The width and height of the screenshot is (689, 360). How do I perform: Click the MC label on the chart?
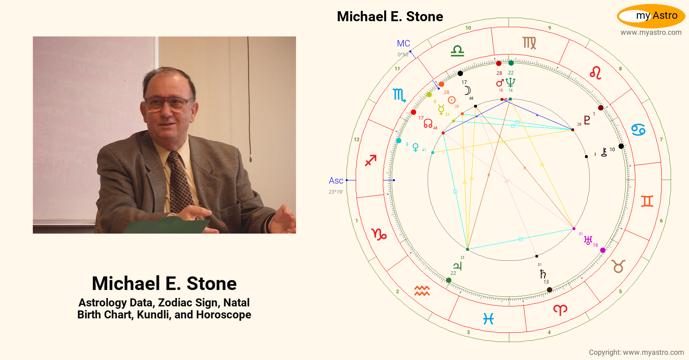[403, 44]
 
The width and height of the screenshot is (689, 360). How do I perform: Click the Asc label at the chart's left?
[336, 181]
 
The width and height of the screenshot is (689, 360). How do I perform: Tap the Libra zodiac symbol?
[457, 51]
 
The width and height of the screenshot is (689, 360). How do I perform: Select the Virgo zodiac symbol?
[529, 43]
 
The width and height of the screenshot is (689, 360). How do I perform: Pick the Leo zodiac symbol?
[595, 73]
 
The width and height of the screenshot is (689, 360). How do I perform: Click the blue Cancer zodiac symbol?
[638, 130]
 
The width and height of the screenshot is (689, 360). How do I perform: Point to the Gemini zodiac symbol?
[647, 201]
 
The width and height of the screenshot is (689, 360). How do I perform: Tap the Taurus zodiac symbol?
[618, 266]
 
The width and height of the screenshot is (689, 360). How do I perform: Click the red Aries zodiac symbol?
[560, 310]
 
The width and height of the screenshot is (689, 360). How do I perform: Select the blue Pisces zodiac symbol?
[488, 319]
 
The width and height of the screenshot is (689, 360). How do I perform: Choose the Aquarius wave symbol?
[422, 291]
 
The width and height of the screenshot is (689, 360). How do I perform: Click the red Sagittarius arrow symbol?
[371, 160]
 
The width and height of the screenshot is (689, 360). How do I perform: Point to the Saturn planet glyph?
[543, 274]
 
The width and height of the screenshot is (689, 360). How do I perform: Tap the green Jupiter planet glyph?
[457, 266]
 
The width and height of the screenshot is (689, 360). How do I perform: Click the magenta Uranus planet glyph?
[588, 240]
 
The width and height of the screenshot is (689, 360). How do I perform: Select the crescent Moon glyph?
[467, 90]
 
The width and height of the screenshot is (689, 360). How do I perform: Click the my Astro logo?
[651, 16]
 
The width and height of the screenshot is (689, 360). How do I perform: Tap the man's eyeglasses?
[168, 102]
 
